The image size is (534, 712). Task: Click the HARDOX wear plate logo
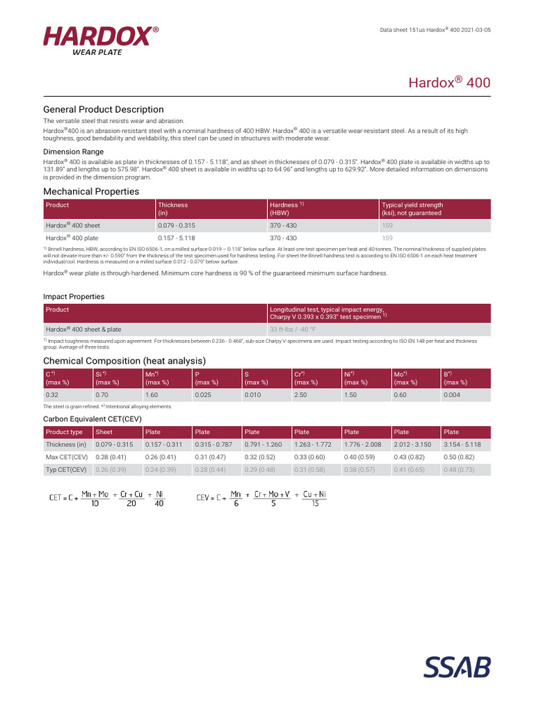pos(101,41)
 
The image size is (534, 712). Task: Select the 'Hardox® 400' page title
pos(448,82)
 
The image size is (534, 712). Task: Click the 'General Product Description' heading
pos(104,109)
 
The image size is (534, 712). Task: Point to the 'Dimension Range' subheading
pos(74,152)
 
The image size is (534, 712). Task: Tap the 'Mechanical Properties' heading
pos(91,191)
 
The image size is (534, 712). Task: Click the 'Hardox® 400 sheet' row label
pos(73,225)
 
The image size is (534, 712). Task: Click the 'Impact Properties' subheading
pos(74,296)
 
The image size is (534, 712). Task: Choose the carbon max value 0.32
pos(52,395)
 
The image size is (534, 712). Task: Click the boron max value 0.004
pos(451,395)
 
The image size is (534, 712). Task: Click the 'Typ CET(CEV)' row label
pos(66,469)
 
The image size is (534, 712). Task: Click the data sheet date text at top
pos(435,30)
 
